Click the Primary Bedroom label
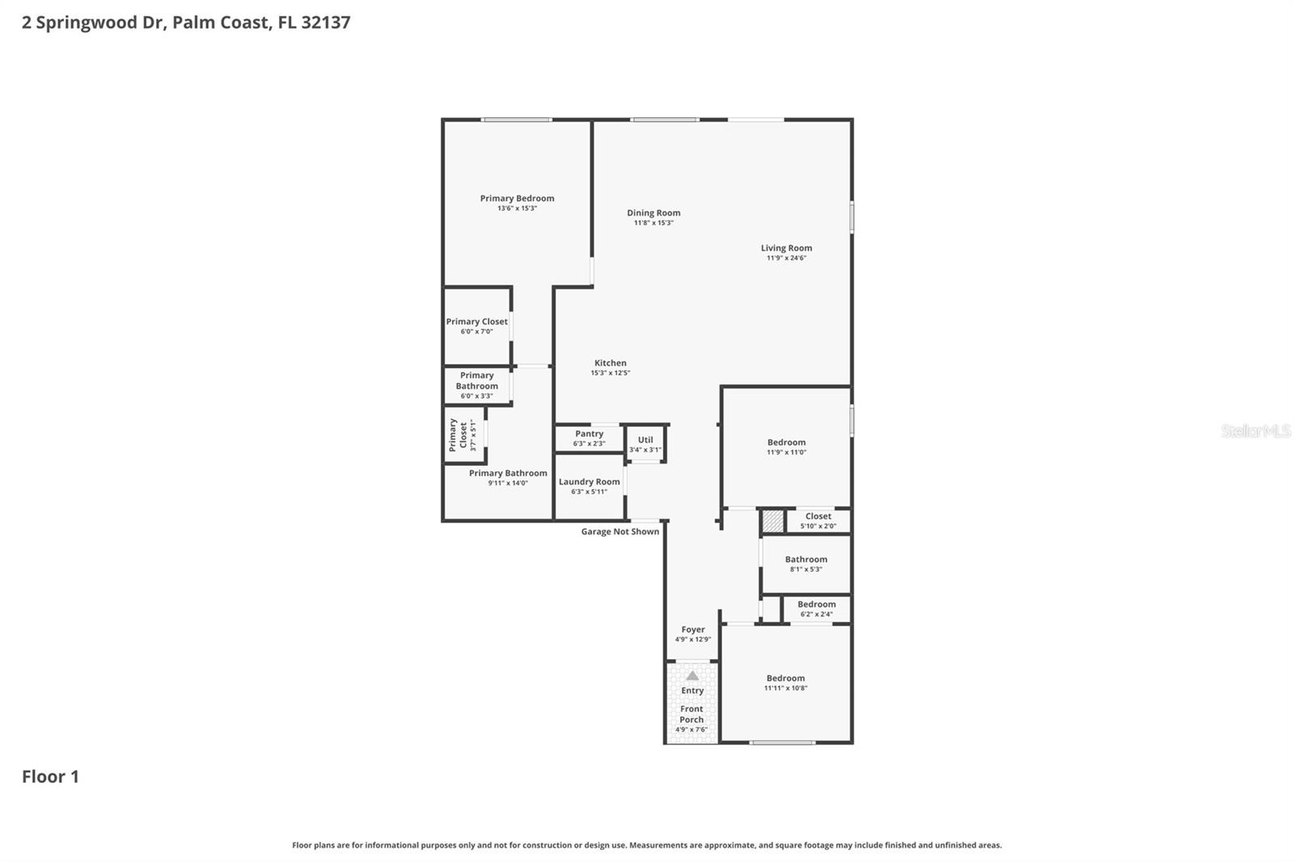[517, 198]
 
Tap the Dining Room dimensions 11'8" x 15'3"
[653, 223]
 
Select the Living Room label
[786, 248]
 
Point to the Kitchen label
[610, 363]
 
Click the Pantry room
[589, 438]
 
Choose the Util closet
[645, 444]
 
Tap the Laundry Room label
[589, 482]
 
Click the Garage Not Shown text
[620, 532]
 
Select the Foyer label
[692, 629]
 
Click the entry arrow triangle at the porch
[692, 675]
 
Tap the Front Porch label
[691, 714]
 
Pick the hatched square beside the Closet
[773, 521]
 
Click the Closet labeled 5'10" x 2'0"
[818, 521]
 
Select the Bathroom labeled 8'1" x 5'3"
[806, 564]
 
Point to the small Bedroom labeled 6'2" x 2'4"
[816, 609]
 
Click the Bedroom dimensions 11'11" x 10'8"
[785, 688]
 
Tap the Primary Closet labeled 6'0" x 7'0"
[476, 326]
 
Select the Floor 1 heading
[50, 776]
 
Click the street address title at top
[186, 23]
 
